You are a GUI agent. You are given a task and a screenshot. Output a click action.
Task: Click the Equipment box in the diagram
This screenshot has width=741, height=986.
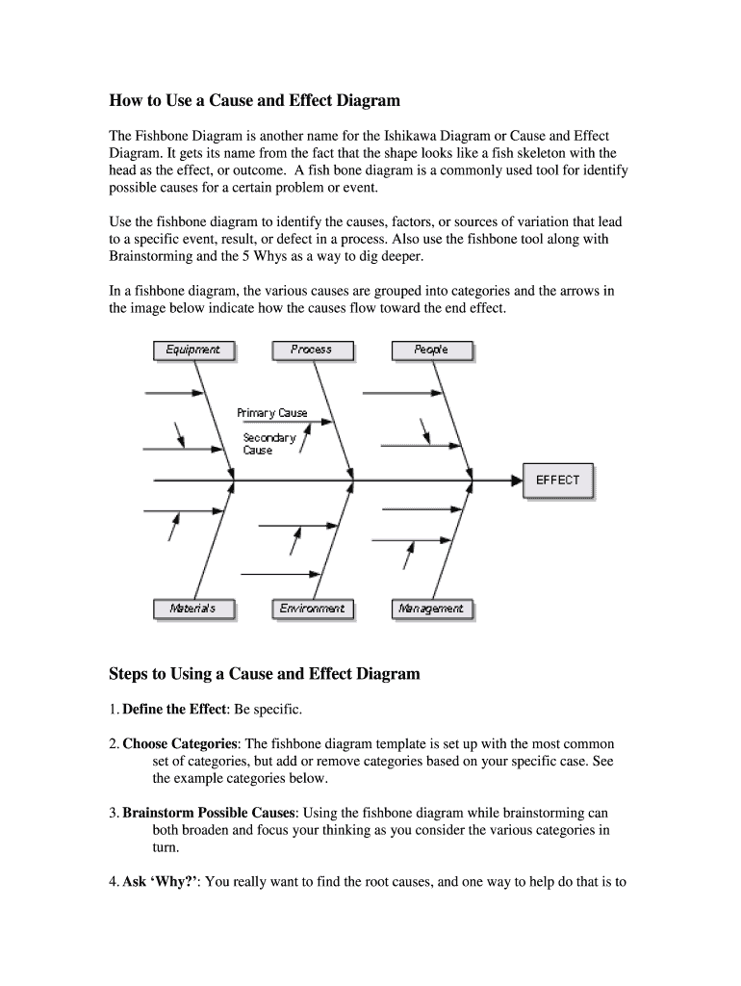[x=193, y=350]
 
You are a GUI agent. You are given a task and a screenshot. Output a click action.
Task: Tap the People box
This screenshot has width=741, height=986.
[x=431, y=350]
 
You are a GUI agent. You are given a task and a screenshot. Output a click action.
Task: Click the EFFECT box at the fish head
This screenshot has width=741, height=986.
[x=558, y=480]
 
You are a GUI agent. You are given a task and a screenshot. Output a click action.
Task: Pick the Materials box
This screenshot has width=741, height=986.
[x=193, y=609]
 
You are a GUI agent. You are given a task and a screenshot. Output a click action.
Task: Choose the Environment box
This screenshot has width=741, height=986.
[x=312, y=609]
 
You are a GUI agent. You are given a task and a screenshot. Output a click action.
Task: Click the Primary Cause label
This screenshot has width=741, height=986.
[x=272, y=413]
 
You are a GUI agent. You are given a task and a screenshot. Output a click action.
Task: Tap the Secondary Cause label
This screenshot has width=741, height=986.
[x=268, y=444]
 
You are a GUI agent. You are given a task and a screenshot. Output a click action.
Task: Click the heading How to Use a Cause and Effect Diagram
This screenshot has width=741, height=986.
[x=254, y=100]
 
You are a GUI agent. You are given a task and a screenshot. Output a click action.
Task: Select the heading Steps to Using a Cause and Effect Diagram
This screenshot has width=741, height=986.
[x=265, y=674]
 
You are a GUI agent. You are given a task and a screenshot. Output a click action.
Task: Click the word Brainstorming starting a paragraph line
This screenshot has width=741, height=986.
[x=154, y=257]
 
